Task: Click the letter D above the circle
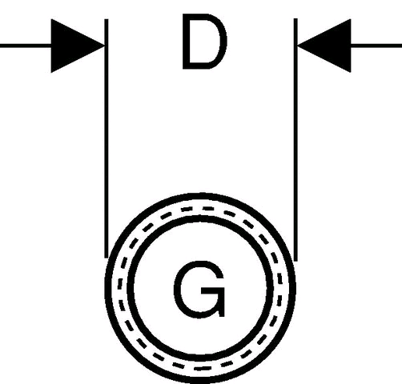point(204,42)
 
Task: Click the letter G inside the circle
point(199,290)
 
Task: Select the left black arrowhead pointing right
point(78,46)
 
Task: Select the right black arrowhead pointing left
point(324,46)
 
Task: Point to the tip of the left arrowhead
point(104,46)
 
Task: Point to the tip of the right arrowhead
point(297,46)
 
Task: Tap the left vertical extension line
point(107,138)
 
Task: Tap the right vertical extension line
point(295,139)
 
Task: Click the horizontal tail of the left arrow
point(26,46)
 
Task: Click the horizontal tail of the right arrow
point(376,46)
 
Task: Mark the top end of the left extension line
point(107,19)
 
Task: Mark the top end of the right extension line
point(295,18)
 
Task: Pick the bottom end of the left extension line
point(107,258)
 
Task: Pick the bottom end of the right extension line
point(295,261)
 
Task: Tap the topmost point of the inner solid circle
point(200,219)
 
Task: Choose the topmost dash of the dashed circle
point(208,208)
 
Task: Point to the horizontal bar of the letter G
point(212,290)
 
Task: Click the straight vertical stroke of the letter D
point(186,42)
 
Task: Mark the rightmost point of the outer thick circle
point(293,288)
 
